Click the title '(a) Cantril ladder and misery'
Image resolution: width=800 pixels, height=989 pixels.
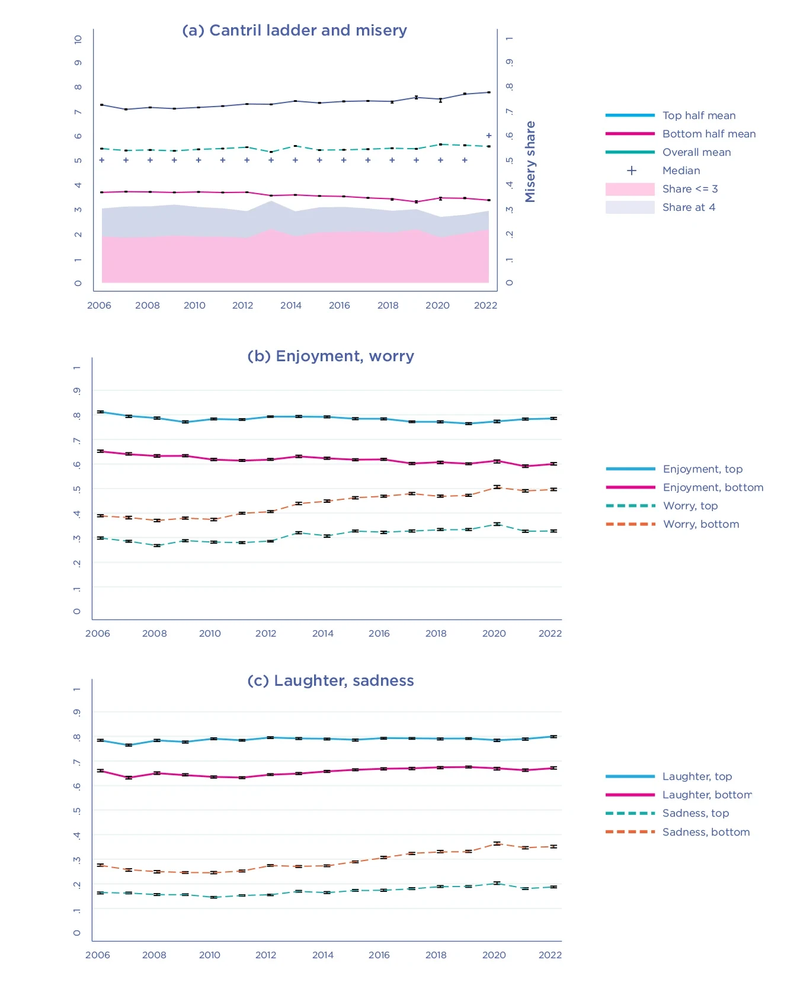295,30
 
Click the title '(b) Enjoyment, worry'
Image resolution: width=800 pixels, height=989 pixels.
331,356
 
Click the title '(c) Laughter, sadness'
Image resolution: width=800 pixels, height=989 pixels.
331,680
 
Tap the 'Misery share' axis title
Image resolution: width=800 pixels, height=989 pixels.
530,162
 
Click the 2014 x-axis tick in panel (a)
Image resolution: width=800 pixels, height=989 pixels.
291,306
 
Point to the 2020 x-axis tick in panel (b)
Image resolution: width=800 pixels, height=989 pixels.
494,634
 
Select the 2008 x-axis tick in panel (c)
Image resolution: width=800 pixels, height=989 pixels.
154,955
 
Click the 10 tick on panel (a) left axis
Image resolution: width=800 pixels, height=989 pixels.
78,39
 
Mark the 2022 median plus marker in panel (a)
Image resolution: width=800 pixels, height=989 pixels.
489,136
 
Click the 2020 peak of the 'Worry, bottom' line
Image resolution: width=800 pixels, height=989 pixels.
497,487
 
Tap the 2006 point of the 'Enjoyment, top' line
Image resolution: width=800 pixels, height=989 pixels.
101,412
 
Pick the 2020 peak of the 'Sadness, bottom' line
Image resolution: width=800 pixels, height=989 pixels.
497,843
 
